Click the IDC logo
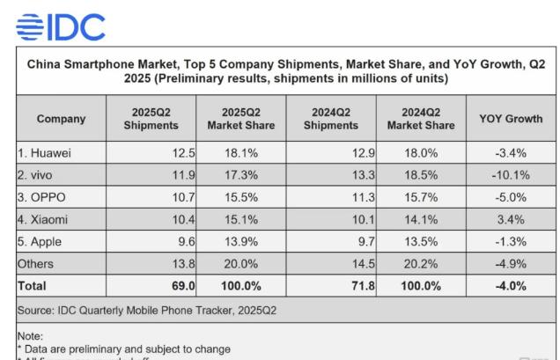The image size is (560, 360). [60, 27]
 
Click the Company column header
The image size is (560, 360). [62, 118]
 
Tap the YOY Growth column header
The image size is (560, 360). [512, 118]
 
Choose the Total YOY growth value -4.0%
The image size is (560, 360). [512, 286]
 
